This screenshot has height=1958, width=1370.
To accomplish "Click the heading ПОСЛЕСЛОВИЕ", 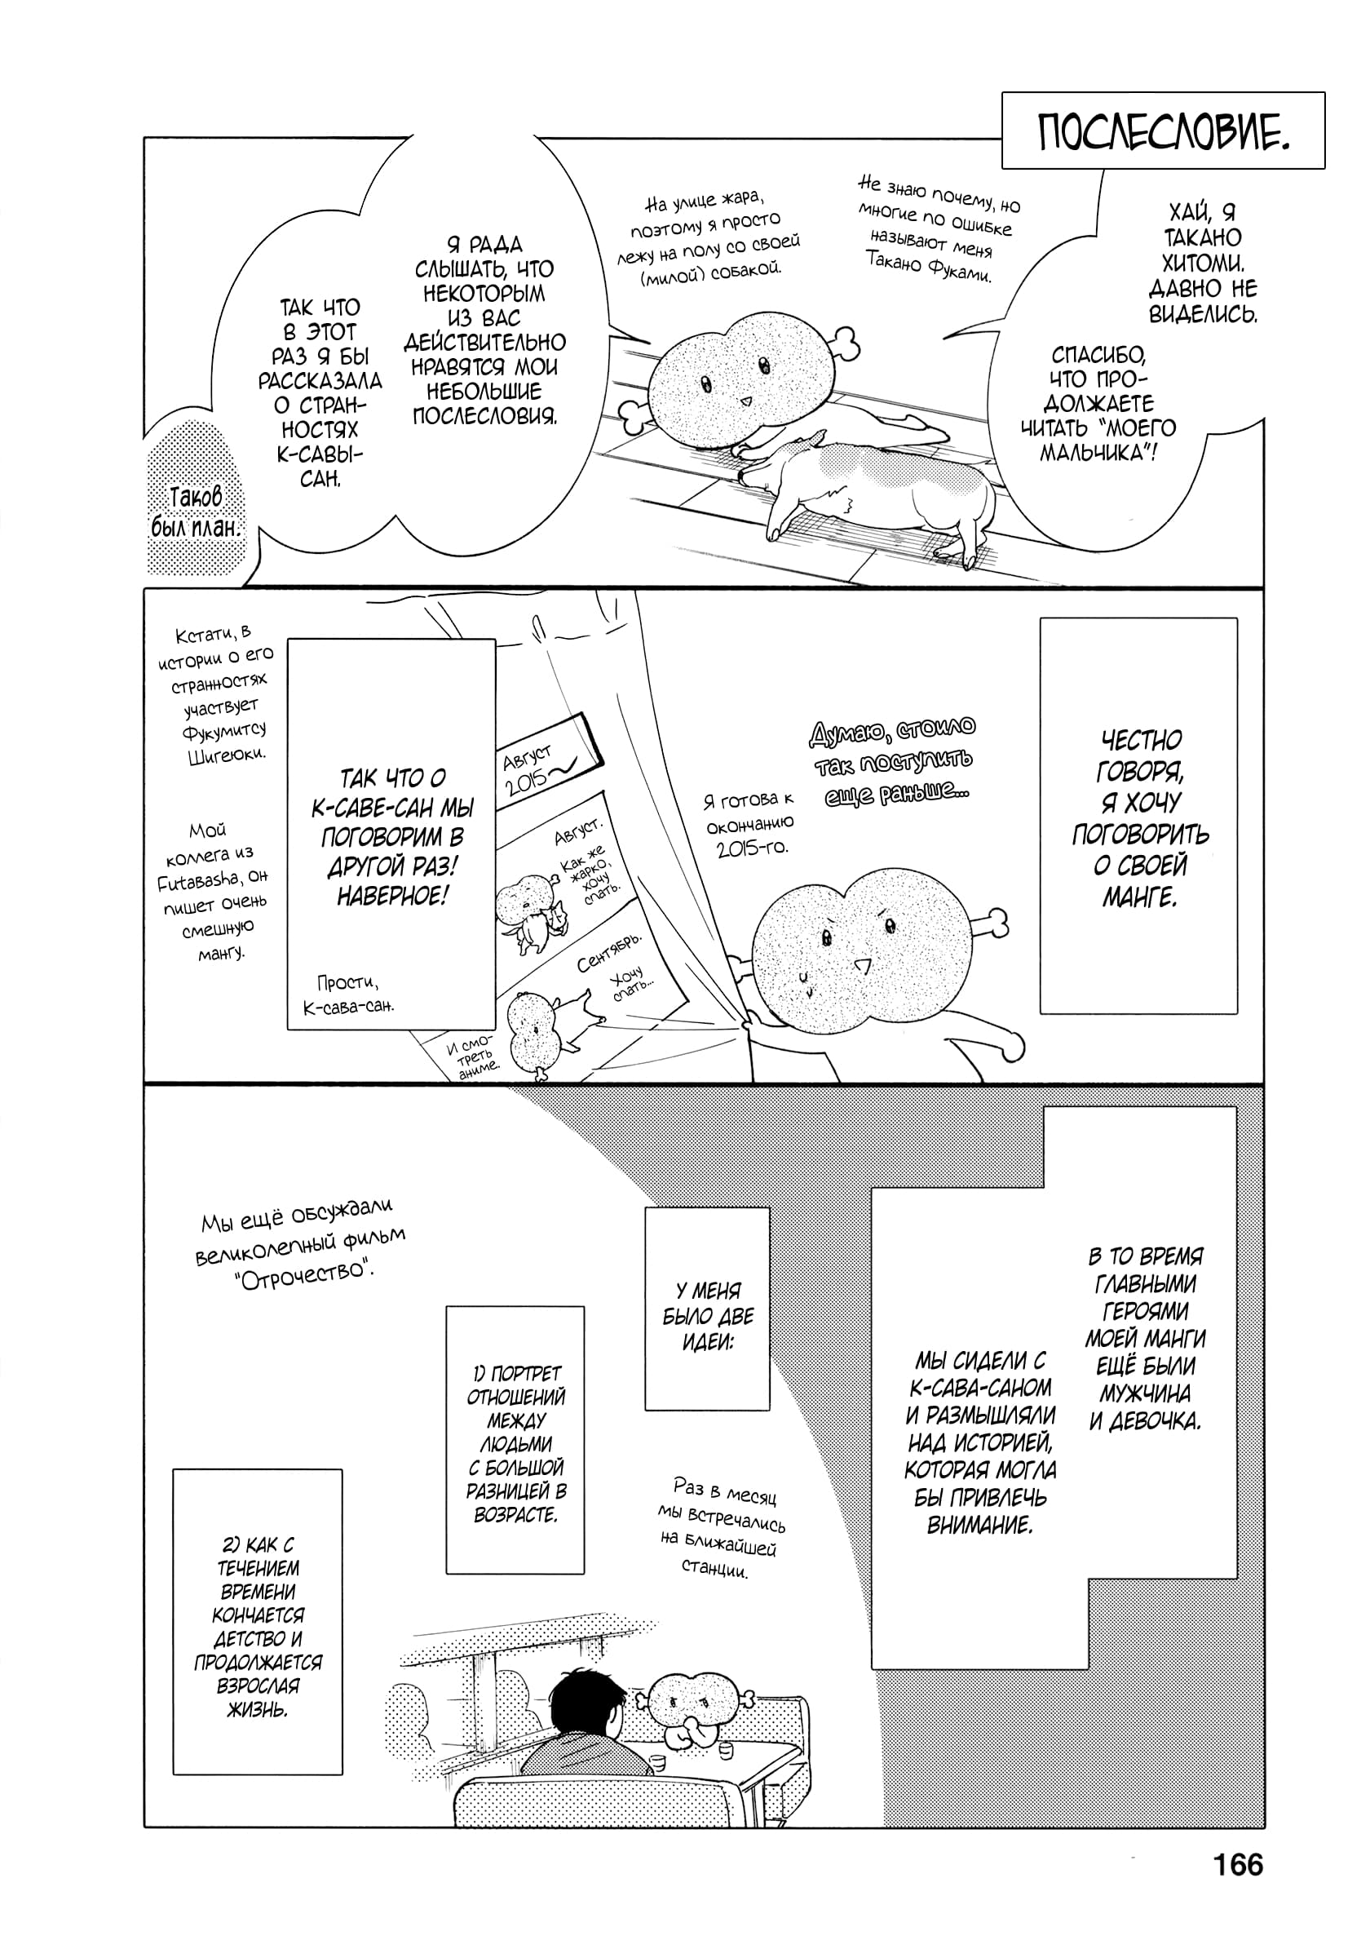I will [x=1163, y=132].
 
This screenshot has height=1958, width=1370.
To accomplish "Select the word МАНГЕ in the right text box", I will [x=1139, y=898].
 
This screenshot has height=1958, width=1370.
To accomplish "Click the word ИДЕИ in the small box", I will [x=707, y=1342].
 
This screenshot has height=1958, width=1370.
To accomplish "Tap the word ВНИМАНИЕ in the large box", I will [x=979, y=1524].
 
